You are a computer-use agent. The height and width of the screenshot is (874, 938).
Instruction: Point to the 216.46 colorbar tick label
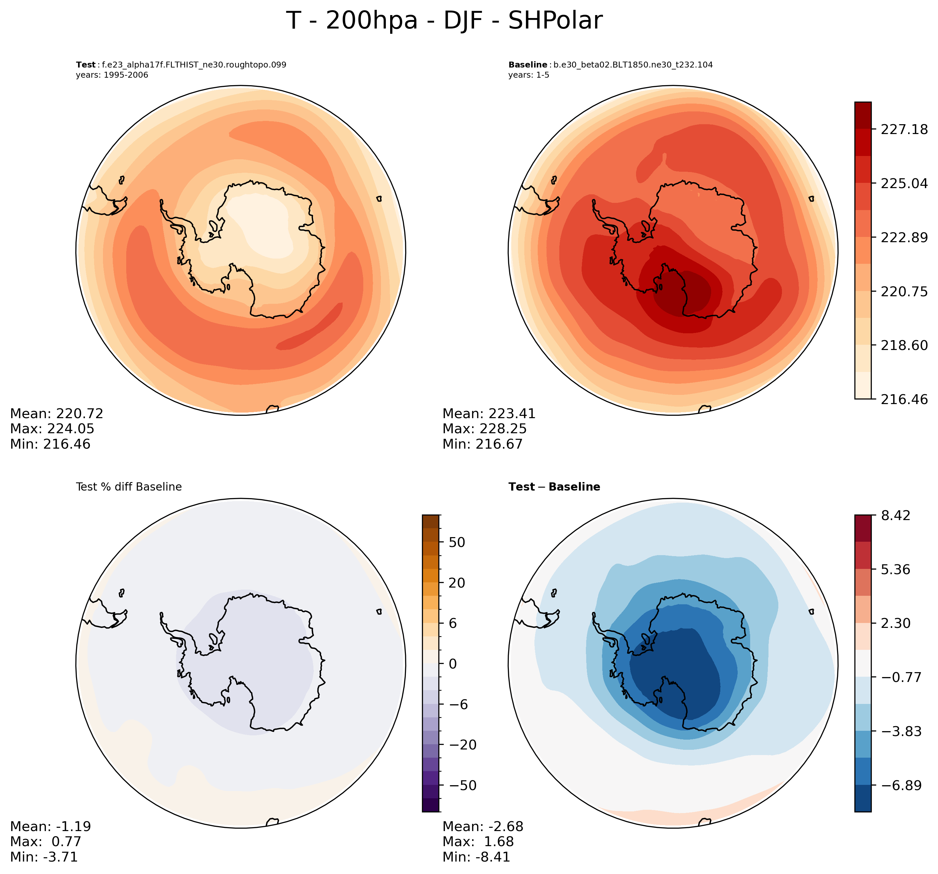(904, 399)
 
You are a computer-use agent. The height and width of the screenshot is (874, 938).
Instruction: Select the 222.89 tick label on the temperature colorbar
(904, 237)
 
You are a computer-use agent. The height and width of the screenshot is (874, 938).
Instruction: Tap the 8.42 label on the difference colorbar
(895, 515)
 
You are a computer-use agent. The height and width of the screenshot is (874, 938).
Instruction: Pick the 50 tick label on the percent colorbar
(457, 542)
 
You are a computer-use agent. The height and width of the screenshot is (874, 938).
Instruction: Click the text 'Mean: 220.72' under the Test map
(57, 414)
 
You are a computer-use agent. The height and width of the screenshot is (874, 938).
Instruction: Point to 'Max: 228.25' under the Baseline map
(484, 429)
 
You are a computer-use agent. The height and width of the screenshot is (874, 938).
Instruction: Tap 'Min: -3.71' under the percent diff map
(44, 857)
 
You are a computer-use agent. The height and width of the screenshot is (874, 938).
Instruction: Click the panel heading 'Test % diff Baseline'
(129, 487)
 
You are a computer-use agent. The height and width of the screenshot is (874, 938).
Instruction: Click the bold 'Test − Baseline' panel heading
(554, 487)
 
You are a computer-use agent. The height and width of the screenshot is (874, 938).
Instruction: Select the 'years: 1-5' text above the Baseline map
(529, 75)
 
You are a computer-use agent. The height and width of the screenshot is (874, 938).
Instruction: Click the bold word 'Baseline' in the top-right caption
(528, 65)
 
